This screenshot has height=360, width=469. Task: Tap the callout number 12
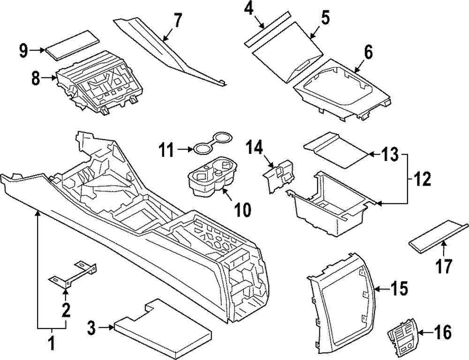click(x=421, y=178)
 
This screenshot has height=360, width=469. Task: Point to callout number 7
click(x=177, y=21)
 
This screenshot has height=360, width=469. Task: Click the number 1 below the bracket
click(x=52, y=346)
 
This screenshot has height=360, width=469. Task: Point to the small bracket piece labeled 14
click(x=278, y=174)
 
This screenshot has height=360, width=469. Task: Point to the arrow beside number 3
click(x=106, y=329)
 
